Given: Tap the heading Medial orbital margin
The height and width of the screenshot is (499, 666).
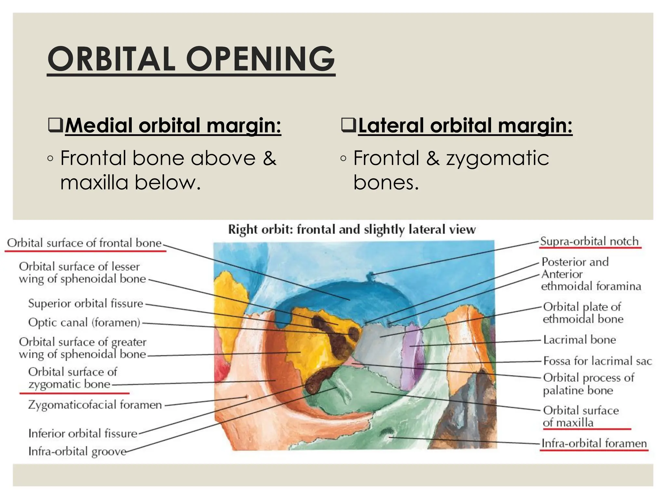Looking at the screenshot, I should click(x=173, y=125).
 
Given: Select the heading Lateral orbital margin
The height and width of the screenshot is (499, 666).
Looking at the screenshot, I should click(x=465, y=125).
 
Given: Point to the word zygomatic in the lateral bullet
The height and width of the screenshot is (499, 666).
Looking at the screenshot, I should click(x=497, y=159).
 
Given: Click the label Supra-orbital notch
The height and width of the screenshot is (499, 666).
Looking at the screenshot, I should click(x=589, y=241).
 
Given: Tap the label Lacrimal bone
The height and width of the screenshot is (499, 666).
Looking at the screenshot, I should click(x=579, y=340).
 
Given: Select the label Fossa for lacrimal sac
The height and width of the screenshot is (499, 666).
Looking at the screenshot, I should click(x=597, y=361).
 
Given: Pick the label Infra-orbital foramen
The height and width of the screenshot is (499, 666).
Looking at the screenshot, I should click(x=594, y=443).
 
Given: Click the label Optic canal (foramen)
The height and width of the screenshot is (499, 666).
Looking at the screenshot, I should click(x=84, y=323).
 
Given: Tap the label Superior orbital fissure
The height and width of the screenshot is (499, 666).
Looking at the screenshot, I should click(x=86, y=303).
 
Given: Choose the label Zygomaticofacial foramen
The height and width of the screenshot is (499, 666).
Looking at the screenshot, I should click(x=95, y=405).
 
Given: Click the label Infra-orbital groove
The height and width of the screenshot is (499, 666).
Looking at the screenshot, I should click(x=77, y=452).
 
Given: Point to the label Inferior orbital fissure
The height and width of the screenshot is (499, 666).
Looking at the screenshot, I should click(x=83, y=433).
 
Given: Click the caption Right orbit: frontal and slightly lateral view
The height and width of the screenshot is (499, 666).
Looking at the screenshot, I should click(x=352, y=230).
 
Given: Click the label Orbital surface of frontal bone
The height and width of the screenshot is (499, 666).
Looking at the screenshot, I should click(x=84, y=243).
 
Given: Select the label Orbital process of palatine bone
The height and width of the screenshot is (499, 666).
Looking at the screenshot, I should click(x=588, y=384).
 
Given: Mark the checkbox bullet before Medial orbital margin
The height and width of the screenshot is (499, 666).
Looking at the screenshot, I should click(x=55, y=125).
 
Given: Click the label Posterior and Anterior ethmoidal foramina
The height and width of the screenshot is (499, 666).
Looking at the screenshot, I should click(x=590, y=274).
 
